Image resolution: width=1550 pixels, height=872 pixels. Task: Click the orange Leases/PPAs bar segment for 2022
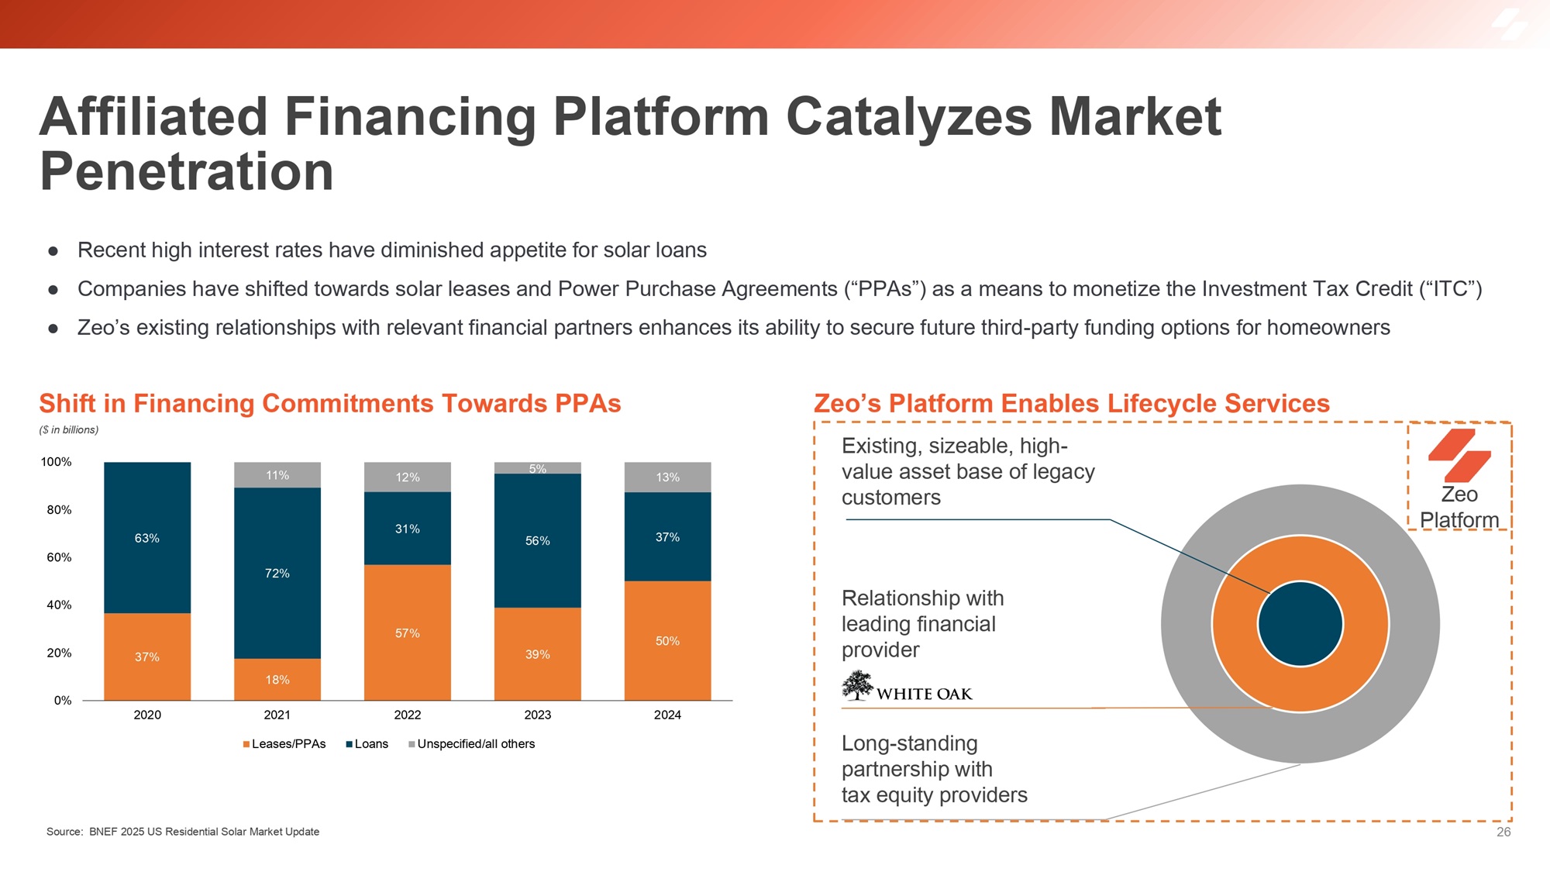point(408,632)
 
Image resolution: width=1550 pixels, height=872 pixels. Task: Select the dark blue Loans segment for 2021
point(277,573)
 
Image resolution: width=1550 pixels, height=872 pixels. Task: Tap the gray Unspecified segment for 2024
point(668,477)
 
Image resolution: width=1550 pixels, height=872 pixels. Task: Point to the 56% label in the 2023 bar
point(538,541)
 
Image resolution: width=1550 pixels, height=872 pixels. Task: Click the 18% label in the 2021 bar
point(277,680)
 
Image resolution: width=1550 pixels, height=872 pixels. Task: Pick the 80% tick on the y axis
point(59,510)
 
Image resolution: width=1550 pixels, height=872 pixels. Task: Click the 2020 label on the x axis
point(147,715)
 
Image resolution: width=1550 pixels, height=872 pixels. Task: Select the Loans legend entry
point(367,744)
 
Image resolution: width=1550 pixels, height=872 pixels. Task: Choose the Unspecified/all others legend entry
point(471,744)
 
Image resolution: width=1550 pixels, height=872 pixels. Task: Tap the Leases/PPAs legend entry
point(284,744)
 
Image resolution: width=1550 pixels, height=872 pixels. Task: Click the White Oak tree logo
point(857,685)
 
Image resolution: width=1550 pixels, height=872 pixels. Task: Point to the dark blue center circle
point(1300,624)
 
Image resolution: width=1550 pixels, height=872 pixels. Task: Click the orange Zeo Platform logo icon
point(1459,455)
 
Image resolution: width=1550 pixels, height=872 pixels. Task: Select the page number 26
point(1503,832)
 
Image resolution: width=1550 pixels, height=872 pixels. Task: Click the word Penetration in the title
point(187,171)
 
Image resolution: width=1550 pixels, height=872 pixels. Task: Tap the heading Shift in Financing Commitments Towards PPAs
point(330,404)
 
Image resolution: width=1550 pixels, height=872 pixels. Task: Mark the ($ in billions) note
point(69,430)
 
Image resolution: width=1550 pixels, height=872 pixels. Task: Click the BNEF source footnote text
point(183,832)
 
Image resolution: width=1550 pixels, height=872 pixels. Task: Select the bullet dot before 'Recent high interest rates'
point(53,251)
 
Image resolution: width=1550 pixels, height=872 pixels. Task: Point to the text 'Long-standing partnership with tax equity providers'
point(934,769)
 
